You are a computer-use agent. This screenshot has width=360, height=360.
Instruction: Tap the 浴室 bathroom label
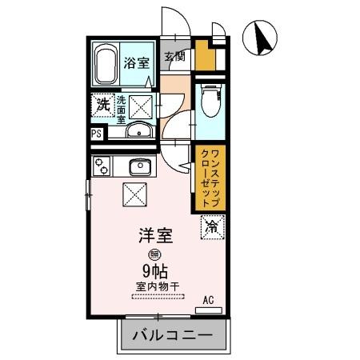(137, 63)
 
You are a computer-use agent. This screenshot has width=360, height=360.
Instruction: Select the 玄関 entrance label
(176, 57)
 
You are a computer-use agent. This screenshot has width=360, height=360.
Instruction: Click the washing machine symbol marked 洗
(102, 104)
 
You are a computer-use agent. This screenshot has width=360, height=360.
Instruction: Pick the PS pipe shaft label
(96, 134)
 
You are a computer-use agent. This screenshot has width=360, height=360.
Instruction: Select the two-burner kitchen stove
(102, 166)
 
